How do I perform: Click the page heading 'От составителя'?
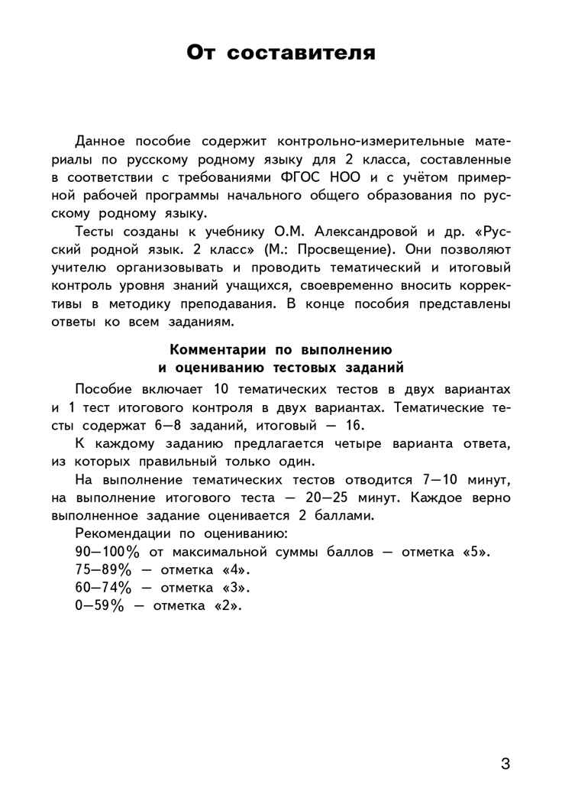pyautogui.click(x=280, y=53)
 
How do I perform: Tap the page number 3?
pyautogui.click(x=505, y=764)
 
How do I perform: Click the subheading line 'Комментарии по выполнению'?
pyautogui.click(x=280, y=350)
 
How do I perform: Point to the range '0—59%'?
pyautogui.click(x=98, y=606)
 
